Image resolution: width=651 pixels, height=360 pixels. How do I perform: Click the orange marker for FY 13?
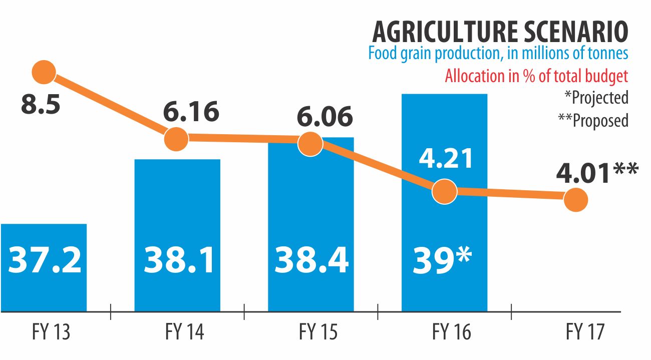[x=44, y=72]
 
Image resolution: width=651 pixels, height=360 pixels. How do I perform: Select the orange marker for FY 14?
[x=176, y=138]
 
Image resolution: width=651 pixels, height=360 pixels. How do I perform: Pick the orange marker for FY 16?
[x=444, y=191]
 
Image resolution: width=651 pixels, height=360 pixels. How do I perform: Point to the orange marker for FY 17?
[x=576, y=200]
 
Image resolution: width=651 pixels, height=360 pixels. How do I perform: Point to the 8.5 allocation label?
[x=40, y=105]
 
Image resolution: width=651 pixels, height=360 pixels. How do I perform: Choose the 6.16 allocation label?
[x=191, y=111]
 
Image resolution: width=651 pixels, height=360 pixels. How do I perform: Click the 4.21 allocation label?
[x=446, y=158]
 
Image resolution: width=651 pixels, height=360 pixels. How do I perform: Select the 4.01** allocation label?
[x=597, y=173]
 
